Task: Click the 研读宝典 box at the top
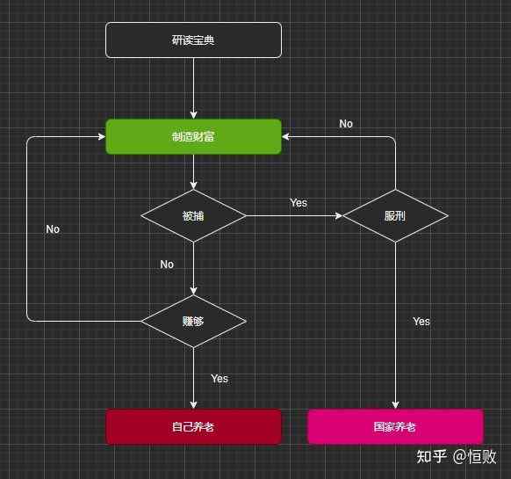pos(193,40)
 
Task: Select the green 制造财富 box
pos(193,137)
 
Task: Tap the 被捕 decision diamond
pos(193,215)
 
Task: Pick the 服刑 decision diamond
pos(395,215)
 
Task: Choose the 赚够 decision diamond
pos(193,322)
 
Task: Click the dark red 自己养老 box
pos(193,427)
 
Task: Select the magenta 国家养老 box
pos(395,427)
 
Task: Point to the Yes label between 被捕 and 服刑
pos(299,203)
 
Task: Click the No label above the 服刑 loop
pos(346,124)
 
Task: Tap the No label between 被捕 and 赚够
pos(167,265)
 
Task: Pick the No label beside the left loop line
pos(53,229)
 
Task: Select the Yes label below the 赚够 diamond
pos(220,379)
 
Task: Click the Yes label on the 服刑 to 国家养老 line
pos(421,322)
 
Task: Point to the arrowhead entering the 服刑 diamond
pos(339,215)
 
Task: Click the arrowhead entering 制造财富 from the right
pos(285,137)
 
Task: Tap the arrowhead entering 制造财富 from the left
pos(102,137)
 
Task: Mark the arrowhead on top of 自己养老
pos(193,405)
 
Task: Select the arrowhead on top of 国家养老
pos(395,405)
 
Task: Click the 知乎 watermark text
pos(431,456)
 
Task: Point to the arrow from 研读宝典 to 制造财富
pos(193,89)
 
